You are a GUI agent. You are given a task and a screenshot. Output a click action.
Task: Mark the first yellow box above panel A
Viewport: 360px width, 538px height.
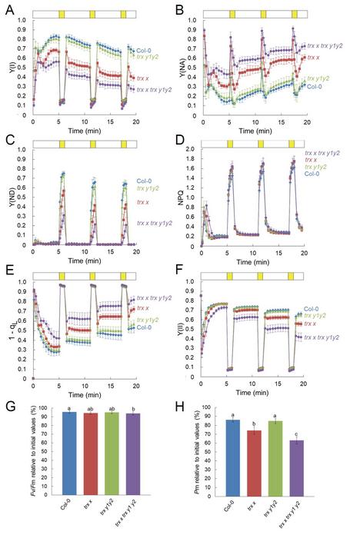[x=62, y=15]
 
